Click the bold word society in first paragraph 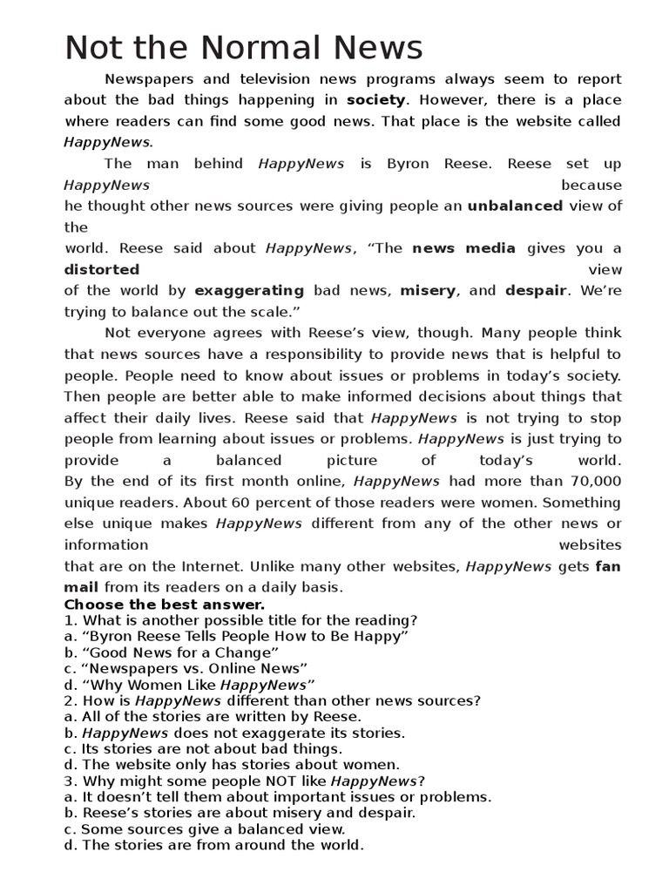pos(375,100)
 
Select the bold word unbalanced pos(515,206)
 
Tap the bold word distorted pos(101,269)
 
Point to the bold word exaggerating pos(249,291)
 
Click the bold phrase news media pos(463,248)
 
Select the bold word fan pos(608,566)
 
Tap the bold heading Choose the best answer pos(165,605)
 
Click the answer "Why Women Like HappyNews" pos(189,685)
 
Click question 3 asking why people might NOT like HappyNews pos(245,780)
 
